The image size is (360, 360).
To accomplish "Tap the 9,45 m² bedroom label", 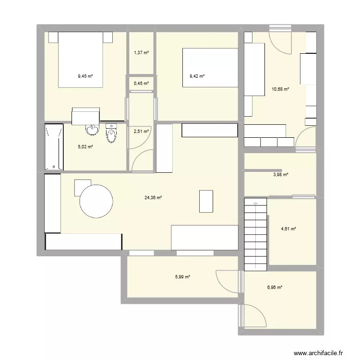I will click(x=85, y=75).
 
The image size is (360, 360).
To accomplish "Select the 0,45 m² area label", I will click(x=141, y=83).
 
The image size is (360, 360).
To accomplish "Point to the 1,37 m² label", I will click(x=141, y=53).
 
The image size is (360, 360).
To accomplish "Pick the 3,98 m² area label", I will click(x=280, y=175).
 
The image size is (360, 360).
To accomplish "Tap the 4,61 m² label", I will click(x=288, y=228).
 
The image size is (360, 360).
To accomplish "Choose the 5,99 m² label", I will click(x=183, y=276).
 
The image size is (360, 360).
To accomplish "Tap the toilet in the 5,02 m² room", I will click(x=111, y=133).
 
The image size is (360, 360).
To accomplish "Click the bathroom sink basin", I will click(x=91, y=128).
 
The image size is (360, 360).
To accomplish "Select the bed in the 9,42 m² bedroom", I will click(x=210, y=68).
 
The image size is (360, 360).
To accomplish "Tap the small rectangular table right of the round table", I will click(x=206, y=201).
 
